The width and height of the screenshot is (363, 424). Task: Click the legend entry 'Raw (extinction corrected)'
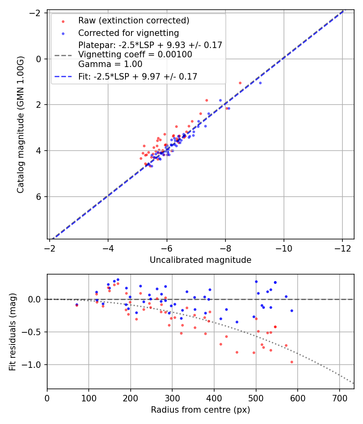pyautogui.click(x=134, y=21)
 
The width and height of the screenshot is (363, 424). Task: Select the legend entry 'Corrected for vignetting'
pyautogui.click(x=128, y=33)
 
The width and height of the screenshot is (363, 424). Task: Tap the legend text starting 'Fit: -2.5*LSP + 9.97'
pyautogui.click(x=138, y=76)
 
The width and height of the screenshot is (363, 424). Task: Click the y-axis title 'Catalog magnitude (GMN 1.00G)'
pyautogui.click(x=21, y=124)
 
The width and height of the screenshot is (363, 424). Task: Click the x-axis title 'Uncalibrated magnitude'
pyautogui.click(x=200, y=260)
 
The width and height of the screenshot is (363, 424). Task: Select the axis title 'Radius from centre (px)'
pyautogui.click(x=200, y=410)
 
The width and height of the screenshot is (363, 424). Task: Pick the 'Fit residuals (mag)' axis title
pyautogui.click(x=13, y=331)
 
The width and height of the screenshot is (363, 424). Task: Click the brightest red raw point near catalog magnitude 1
pyautogui.click(x=240, y=83)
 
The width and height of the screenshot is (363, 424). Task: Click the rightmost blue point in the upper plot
pyautogui.click(x=260, y=83)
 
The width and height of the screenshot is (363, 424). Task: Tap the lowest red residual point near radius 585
pyautogui.click(x=292, y=362)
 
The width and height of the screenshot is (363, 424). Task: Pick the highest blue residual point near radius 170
pyautogui.click(x=118, y=279)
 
